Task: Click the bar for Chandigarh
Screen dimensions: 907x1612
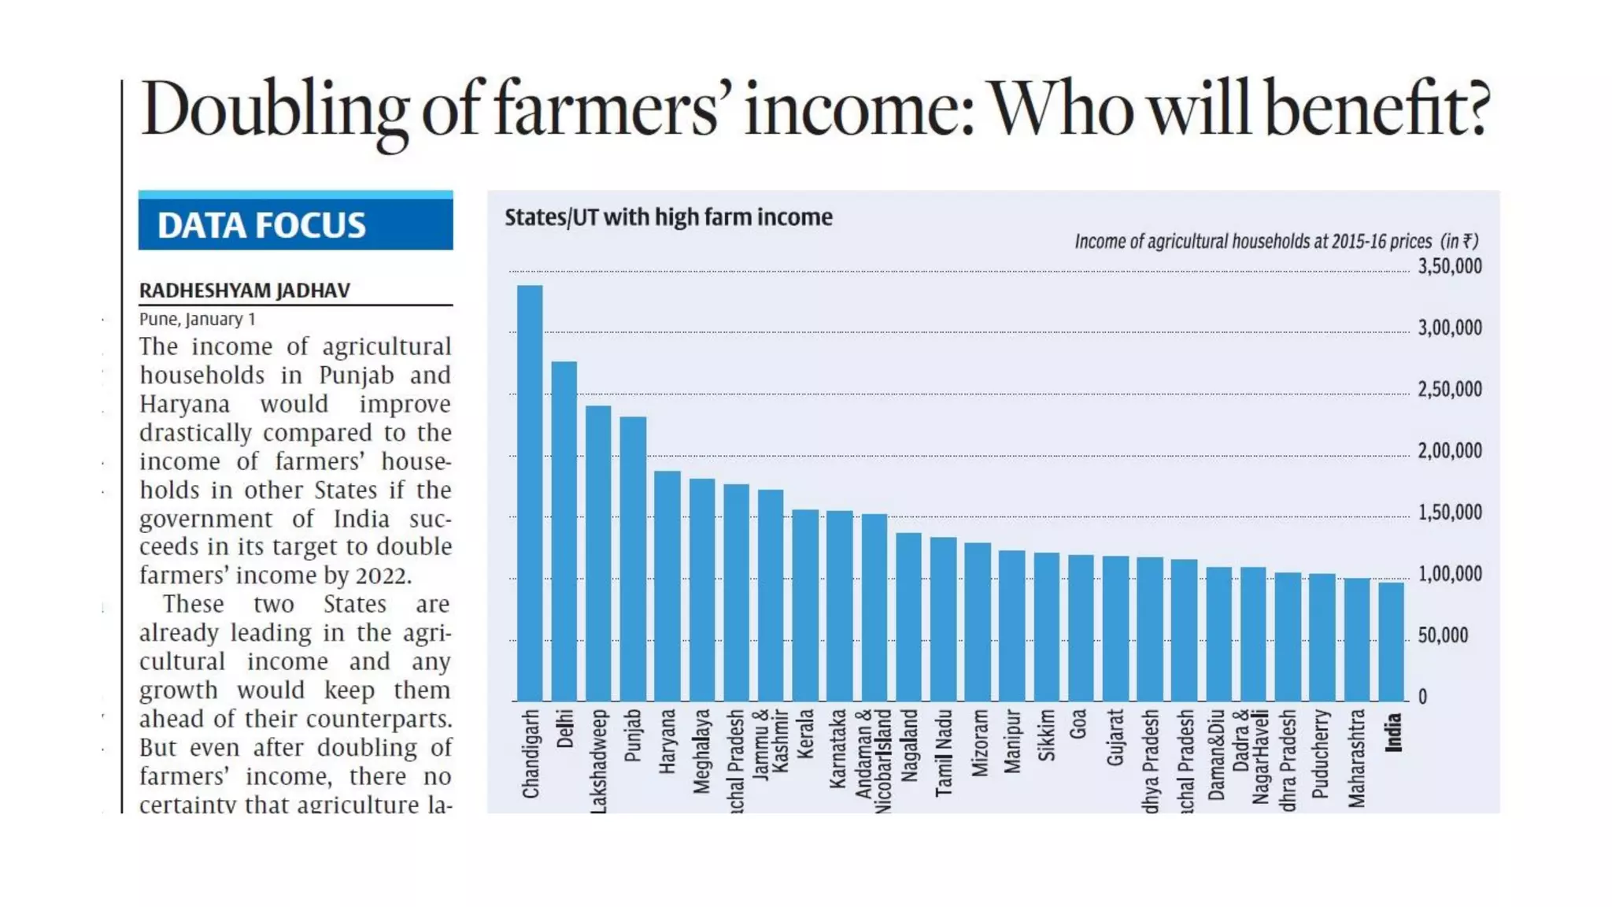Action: (x=530, y=493)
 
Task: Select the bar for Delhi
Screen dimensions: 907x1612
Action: (x=564, y=531)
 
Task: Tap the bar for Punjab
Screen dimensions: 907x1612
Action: (x=633, y=559)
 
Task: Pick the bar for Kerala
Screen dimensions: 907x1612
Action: (x=805, y=605)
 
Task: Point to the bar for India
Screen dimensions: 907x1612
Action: (x=1392, y=642)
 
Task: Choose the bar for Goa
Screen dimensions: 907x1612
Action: (x=1081, y=628)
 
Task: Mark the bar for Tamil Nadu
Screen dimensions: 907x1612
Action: (x=943, y=619)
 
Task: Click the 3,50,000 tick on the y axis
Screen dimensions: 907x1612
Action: (x=1449, y=266)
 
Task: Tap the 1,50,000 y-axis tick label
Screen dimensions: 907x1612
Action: (x=1449, y=513)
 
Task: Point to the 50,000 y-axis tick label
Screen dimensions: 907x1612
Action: (x=1443, y=635)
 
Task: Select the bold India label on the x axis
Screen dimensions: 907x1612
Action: (x=1393, y=732)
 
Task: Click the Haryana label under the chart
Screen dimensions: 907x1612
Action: (x=667, y=741)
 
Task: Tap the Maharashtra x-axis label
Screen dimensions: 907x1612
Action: (x=1357, y=758)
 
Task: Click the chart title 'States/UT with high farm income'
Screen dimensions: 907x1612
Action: (x=668, y=217)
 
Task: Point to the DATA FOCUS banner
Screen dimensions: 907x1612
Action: (x=295, y=224)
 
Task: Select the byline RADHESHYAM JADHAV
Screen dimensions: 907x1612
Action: (x=245, y=291)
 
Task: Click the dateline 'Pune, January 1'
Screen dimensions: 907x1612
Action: (x=198, y=319)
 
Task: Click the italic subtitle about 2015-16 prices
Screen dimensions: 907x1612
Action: (x=1276, y=241)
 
